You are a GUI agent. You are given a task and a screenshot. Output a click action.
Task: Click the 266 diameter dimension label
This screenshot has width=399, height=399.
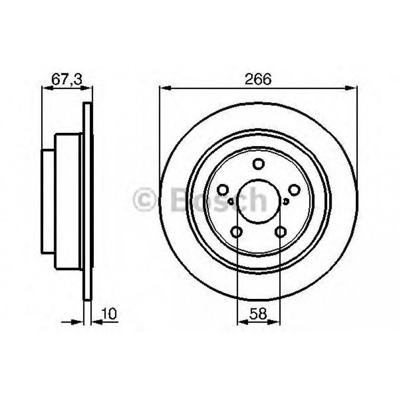click(258, 79)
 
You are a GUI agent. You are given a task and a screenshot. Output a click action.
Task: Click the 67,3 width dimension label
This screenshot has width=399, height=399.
click(67, 79)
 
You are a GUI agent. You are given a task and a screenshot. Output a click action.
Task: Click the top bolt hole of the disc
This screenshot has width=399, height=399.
click(259, 164)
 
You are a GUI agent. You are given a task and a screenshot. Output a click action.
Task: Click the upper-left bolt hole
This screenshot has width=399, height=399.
click(223, 190)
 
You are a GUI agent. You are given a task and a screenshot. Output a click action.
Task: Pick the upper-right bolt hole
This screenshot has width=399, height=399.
click(294, 190)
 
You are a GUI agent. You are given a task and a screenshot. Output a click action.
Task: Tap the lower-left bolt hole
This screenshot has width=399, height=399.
click(237, 231)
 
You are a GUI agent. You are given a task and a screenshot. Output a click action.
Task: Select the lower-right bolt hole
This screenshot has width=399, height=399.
click(281, 231)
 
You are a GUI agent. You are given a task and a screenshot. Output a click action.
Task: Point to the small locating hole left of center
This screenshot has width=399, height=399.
click(231, 201)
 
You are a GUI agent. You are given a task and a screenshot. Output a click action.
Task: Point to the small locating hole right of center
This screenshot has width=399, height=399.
click(286, 201)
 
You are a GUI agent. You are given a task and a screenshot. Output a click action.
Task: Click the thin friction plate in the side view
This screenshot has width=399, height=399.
click(87, 201)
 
